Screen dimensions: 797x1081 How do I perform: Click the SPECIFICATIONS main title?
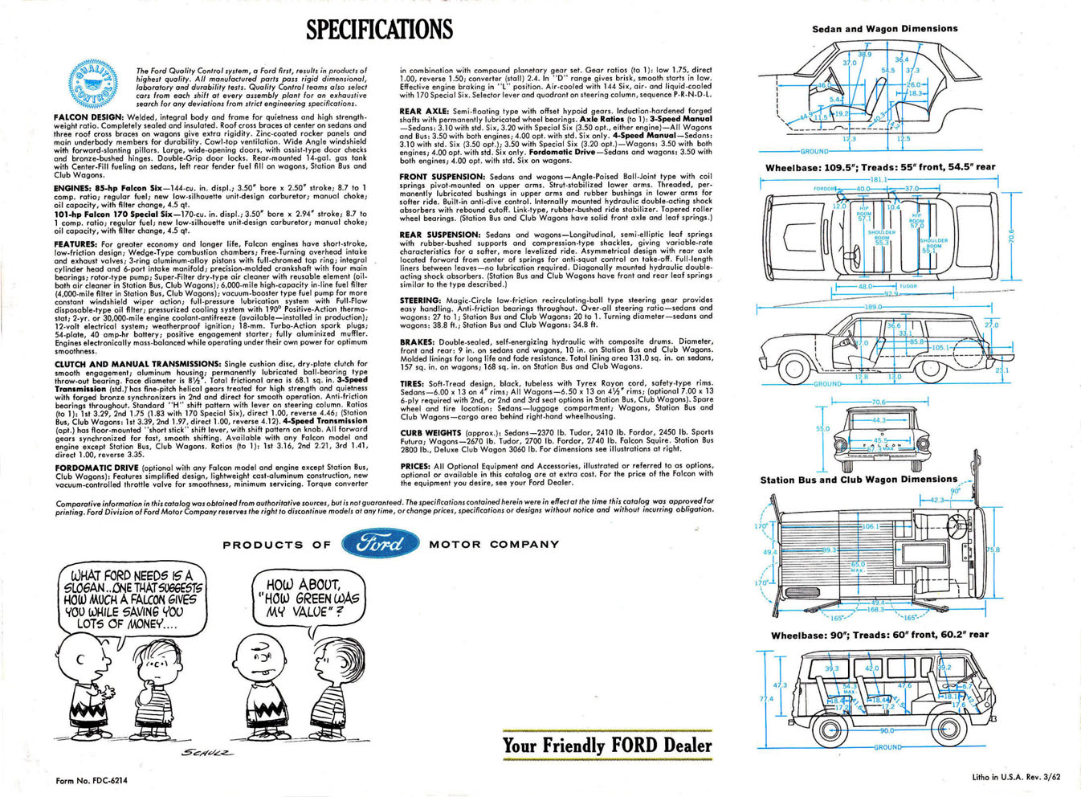coord(379,29)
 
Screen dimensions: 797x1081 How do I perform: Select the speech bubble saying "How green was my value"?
coord(308,598)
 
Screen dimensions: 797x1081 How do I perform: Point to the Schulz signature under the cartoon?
coord(208,753)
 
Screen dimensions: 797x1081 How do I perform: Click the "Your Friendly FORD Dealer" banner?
coord(607,746)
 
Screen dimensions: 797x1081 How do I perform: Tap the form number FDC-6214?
coord(92,780)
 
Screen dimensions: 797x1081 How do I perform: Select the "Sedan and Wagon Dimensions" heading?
coord(884,29)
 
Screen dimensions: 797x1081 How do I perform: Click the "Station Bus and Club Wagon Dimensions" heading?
coord(859,480)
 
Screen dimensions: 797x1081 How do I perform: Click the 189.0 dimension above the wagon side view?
coord(873,307)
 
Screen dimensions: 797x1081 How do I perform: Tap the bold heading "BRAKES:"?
coord(418,341)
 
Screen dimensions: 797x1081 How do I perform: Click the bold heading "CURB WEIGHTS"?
coord(431,432)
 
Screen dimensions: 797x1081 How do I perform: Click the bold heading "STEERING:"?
coord(420,300)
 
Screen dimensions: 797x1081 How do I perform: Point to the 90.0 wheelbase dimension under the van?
coord(886,730)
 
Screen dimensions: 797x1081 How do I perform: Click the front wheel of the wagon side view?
coord(793,369)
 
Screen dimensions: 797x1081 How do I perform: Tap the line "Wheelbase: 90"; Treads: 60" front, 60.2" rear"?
coord(879,635)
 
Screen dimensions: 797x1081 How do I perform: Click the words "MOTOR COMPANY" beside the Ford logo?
coord(494,544)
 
